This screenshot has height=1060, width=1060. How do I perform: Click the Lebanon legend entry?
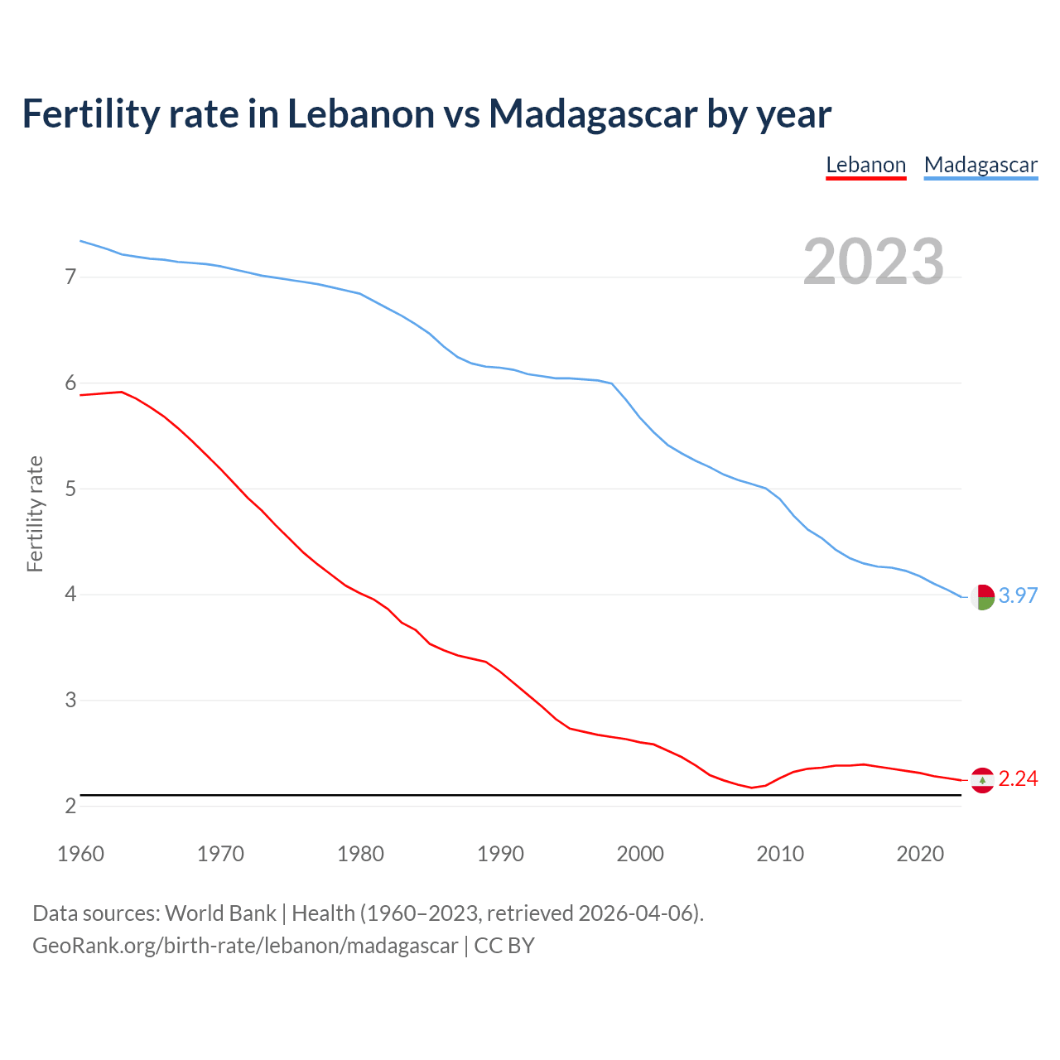coord(866,165)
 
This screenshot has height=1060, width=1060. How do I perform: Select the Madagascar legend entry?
coord(980,165)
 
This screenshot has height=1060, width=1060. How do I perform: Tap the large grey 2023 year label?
coord(874,262)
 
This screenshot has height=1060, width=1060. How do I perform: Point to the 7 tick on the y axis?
coord(70,277)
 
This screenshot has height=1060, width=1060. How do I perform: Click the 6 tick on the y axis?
coord(70,383)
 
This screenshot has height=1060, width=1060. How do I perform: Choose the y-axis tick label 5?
coord(70,489)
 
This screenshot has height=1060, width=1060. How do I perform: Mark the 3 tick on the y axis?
coord(70,701)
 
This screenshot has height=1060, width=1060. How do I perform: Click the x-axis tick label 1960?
coord(80,854)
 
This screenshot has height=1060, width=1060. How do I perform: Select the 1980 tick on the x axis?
coord(360,854)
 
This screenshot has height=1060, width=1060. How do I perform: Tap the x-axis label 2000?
coord(640,854)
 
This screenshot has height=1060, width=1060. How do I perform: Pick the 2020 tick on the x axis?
coord(920,854)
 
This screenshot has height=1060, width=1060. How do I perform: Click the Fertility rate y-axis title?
coord(35,513)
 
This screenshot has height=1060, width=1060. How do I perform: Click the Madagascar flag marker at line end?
coord(982,596)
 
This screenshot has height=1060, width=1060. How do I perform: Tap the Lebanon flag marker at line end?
coord(982,780)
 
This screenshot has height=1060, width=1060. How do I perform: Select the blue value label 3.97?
coord(1018,595)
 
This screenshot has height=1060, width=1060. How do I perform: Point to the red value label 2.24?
coord(1018,779)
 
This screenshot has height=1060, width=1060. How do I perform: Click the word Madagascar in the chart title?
coord(592,114)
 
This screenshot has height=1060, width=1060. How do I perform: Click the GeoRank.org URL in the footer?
coord(245,946)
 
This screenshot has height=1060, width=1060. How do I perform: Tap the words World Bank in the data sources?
coord(220,913)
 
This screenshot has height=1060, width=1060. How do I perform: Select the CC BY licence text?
coord(504,946)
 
